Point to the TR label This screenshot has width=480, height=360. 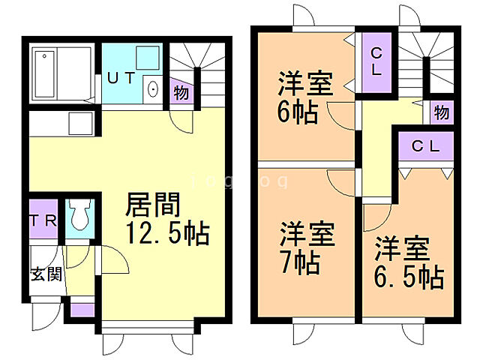[42, 219]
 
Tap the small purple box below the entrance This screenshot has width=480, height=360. [82, 308]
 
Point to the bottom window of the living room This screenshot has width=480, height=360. [148, 327]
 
